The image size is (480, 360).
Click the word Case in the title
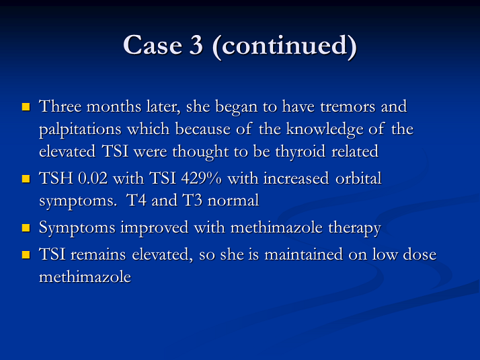(153, 45)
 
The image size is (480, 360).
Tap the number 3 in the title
(196, 45)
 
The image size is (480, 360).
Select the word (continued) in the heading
(284, 46)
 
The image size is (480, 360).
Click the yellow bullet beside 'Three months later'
(26, 106)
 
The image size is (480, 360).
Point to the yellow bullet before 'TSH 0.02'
(26, 178)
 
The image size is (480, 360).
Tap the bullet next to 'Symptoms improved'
(26, 228)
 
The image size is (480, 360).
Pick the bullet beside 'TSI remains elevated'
(26, 255)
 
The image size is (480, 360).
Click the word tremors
(348, 107)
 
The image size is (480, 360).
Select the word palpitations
(80, 130)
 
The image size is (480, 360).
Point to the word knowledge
(325, 129)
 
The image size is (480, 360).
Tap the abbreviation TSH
(56, 178)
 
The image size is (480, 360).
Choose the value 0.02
(93, 178)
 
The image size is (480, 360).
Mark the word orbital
(358, 178)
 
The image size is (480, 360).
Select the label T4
(136, 201)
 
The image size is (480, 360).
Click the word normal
(233, 201)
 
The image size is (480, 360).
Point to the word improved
(155, 229)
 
